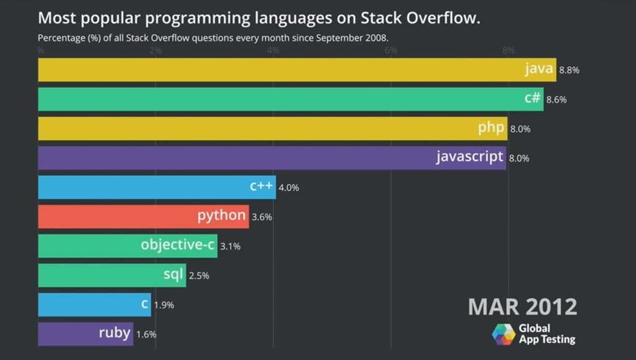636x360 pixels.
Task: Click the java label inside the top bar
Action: click(x=538, y=69)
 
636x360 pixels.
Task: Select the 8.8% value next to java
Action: click(x=569, y=70)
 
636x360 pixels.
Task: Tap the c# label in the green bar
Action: click(x=532, y=98)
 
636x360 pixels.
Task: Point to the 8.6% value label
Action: click(x=556, y=99)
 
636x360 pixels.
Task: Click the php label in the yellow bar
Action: click(x=491, y=128)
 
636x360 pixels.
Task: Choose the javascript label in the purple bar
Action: click(x=469, y=157)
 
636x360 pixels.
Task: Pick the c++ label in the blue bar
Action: click(x=261, y=186)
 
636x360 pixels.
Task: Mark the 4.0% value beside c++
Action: click(x=288, y=187)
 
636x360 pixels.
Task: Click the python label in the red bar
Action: click(x=221, y=216)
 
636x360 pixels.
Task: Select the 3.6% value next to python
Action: click(x=262, y=217)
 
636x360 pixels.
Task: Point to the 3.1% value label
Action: click(x=230, y=246)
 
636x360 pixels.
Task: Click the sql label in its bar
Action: click(x=173, y=274)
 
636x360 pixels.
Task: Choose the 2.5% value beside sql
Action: click(x=198, y=275)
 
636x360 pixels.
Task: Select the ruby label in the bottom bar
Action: click(x=114, y=333)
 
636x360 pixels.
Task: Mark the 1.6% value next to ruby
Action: click(x=146, y=334)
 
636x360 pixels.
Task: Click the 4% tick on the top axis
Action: click(x=273, y=50)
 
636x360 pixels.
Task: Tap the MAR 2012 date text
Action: click(x=522, y=307)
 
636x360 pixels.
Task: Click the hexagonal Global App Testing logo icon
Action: click(x=504, y=334)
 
